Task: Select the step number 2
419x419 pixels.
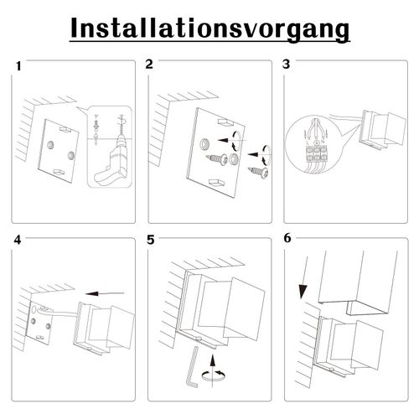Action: (149, 65)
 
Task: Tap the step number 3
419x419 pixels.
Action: (287, 65)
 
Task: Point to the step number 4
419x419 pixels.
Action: (18, 240)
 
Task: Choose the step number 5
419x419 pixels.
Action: (151, 240)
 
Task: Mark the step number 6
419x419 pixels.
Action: (287, 238)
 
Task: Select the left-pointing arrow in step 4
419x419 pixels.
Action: (104, 293)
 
